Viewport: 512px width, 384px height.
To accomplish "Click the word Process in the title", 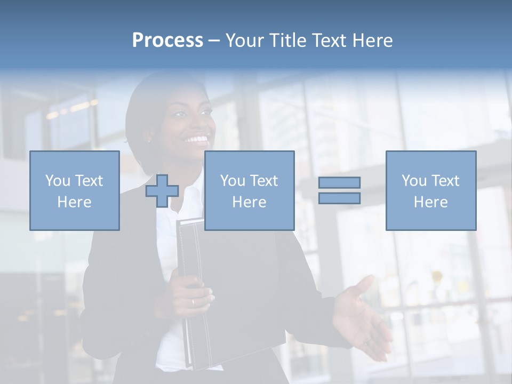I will (167, 41).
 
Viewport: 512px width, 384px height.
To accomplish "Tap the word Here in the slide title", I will (372, 41).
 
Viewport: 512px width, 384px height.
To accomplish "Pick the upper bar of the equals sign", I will (339, 182).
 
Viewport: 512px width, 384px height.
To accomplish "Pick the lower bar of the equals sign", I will (339, 198).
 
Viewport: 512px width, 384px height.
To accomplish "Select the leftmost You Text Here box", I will (75, 191).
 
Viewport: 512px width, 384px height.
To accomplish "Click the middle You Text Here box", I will (249, 191).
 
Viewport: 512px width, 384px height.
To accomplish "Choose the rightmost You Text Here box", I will (430, 191).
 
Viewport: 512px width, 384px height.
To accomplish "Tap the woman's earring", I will (149, 141).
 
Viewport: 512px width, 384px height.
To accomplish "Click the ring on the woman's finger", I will (193, 302).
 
